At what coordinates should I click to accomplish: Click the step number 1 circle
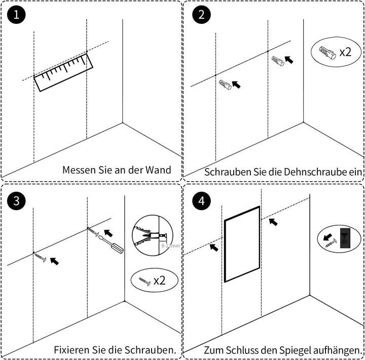coord(16,15)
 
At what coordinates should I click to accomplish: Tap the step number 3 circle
coord(16,201)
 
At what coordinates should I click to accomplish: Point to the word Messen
coord(79,170)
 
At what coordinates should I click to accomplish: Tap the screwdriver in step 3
coord(112,243)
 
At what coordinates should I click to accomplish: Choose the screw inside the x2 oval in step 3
coord(144,280)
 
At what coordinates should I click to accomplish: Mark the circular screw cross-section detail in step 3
coord(152,236)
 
